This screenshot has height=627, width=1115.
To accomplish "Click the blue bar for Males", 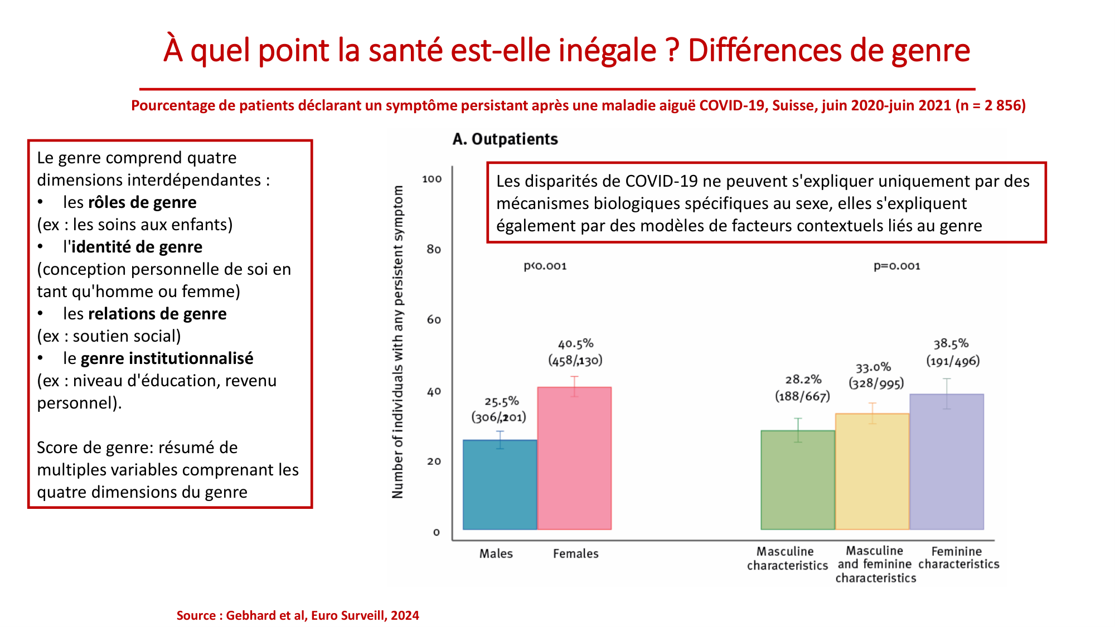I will [500, 485].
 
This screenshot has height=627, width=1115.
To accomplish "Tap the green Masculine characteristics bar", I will [798, 480].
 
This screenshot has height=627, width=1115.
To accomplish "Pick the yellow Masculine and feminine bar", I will [872, 472].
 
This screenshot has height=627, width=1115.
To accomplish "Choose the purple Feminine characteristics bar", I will [947, 462].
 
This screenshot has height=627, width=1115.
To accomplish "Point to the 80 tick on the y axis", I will [434, 250].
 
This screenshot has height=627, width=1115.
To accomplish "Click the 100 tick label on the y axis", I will [432, 179].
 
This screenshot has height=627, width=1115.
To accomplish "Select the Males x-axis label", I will [496, 553].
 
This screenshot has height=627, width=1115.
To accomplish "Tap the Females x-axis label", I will [575, 553].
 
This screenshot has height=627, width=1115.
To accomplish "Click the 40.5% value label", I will [575, 344].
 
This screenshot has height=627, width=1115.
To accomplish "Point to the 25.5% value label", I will [501, 401].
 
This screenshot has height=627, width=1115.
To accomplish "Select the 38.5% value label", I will [951, 344].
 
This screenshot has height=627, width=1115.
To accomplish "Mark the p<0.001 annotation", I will [545, 266].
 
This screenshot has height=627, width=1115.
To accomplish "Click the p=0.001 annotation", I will [896, 266].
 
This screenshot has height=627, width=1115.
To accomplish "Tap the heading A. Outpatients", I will [505, 139].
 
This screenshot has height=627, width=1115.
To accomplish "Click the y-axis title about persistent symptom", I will [397, 342].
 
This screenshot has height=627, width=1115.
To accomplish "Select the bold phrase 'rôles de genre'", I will [142, 202].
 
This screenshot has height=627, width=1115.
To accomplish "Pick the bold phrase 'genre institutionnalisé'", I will [167, 358].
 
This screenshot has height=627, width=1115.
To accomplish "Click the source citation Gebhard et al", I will [298, 615].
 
